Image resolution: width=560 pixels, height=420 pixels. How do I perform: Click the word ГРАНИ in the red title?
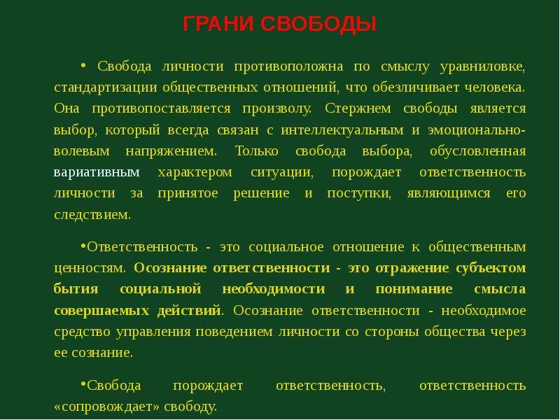[218, 24]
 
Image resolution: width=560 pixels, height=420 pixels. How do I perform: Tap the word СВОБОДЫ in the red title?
[318, 24]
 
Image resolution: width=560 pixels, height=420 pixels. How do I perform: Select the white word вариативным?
[97, 172]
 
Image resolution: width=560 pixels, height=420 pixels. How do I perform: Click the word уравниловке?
[482, 66]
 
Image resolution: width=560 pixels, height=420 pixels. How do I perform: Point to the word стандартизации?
[106, 88]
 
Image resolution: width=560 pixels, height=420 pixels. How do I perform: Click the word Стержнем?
[358, 108]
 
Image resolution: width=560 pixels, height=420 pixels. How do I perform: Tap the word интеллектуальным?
[342, 130]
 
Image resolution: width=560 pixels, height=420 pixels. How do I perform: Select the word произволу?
[276, 109]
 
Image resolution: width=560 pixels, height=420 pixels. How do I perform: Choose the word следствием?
[92, 215]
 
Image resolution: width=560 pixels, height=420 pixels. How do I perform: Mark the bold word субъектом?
[491, 268]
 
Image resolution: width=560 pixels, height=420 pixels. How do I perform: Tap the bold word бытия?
[76, 288]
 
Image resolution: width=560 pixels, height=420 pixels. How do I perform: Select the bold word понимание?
[414, 289]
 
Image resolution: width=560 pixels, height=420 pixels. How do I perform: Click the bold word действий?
[189, 310]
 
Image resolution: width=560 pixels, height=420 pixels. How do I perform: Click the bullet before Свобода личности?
[83, 65]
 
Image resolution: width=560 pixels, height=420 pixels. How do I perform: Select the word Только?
[256, 151]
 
